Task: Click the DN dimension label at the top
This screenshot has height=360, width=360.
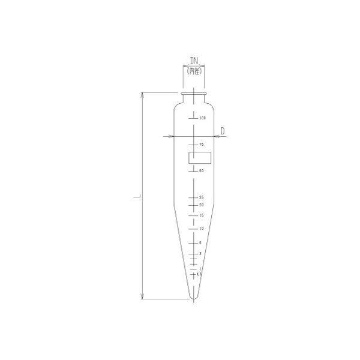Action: point(194,61)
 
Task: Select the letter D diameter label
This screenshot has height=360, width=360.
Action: point(222,130)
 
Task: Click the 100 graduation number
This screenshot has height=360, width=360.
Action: point(202,118)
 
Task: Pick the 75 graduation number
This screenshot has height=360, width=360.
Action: point(202,145)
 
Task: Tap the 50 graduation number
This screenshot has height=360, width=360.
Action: point(202,171)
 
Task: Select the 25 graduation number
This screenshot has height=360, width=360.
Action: point(202,197)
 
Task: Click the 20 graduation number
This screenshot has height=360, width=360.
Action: point(202,205)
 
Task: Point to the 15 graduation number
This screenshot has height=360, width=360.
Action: point(202,215)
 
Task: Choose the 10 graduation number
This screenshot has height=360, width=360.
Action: point(202,229)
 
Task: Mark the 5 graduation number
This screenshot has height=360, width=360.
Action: point(200,243)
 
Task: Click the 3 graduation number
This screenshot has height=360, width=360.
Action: point(200,254)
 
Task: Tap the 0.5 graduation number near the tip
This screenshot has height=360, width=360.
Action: point(200,274)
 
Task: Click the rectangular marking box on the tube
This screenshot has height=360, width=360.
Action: point(200,158)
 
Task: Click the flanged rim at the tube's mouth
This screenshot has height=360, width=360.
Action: point(194,93)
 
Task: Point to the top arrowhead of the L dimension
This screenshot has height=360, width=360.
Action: point(142,95)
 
